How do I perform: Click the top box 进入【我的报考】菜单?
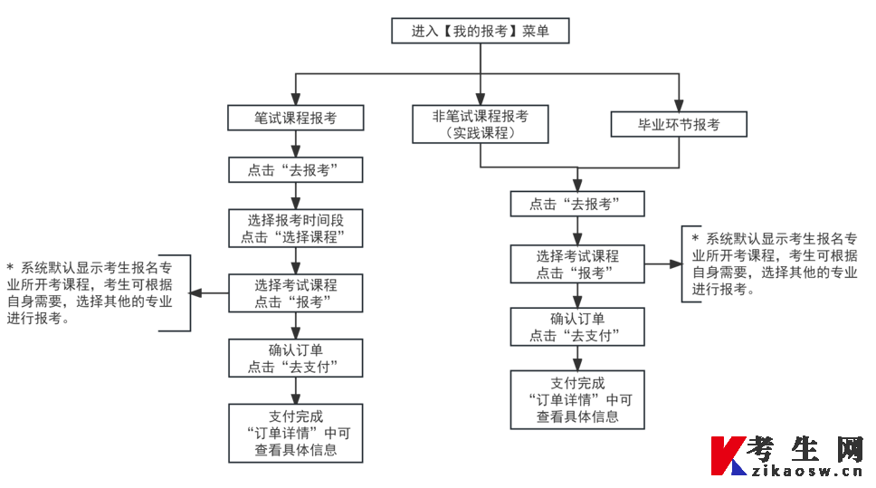[480, 31]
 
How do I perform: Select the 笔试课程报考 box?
[295, 118]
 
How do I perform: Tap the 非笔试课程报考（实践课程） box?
[480, 124]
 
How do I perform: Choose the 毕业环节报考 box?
[679, 124]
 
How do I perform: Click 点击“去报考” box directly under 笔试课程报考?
[295, 170]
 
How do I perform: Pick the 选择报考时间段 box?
[295, 229]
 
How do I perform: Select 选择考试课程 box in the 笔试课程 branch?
[295, 292]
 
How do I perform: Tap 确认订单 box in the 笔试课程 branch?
[295, 359]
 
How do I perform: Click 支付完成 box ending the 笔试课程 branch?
[295, 433]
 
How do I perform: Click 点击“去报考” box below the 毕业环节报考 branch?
[577, 204]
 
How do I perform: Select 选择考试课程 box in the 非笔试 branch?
[577, 263]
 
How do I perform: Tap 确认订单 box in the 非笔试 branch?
[577, 327]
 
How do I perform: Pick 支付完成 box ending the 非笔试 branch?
[577, 399]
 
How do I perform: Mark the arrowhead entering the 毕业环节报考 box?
[679, 106]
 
